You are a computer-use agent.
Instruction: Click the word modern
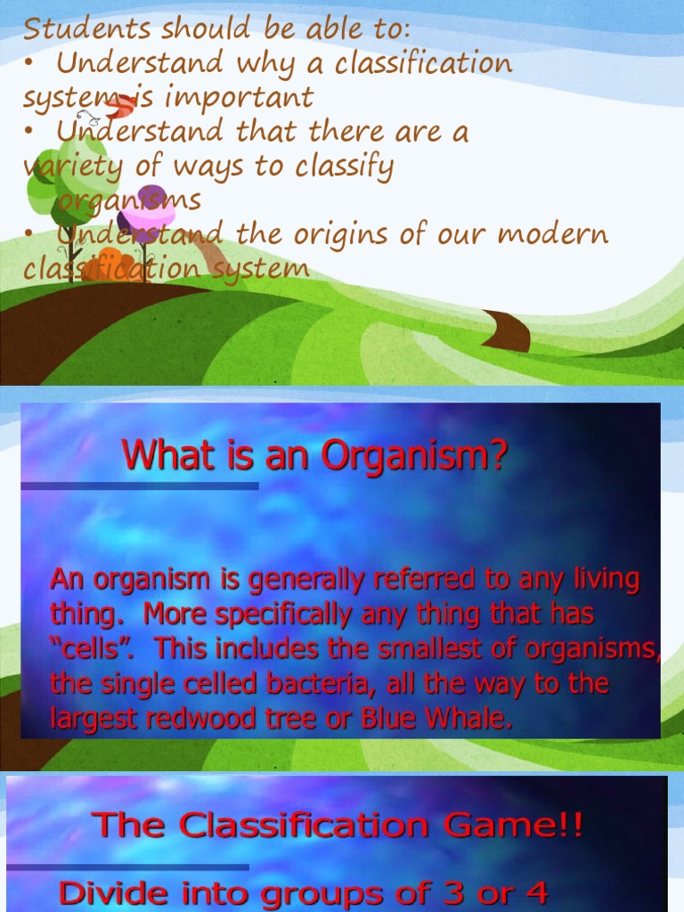(x=554, y=234)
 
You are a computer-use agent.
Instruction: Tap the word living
(x=605, y=581)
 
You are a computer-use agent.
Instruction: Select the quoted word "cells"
(x=93, y=649)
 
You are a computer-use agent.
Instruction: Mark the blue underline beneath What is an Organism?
(x=140, y=486)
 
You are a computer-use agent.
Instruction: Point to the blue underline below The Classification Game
(x=127, y=866)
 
